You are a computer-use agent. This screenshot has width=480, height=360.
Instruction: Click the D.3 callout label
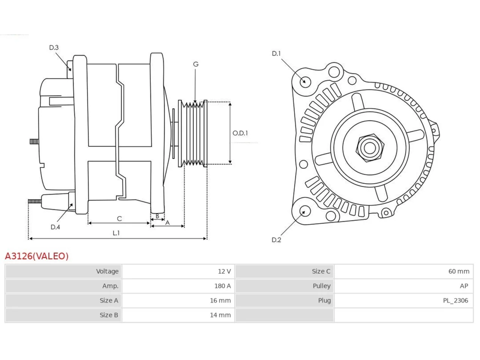tap(54, 47)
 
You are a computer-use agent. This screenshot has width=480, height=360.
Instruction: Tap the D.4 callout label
tap(55, 227)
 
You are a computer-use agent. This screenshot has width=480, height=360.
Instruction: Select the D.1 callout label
tap(276, 54)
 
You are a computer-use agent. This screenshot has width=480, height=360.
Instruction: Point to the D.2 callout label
tap(276, 240)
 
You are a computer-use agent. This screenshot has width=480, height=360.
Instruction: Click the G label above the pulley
tap(196, 64)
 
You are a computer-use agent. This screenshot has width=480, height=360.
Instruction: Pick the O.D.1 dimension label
tap(240, 133)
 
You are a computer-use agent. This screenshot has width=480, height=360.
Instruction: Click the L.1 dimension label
tap(116, 233)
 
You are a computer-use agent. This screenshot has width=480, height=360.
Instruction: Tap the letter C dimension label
tap(119, 219)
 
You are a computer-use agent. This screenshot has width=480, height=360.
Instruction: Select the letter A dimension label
tap(168, 223)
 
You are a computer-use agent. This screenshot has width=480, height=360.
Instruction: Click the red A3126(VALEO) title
tap(37, 256)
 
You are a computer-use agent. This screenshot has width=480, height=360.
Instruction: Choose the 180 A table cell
tap(223, 286)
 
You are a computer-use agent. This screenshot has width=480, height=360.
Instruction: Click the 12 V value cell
tap(224, 271)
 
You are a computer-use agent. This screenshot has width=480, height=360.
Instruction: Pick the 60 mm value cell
tap(459, 271)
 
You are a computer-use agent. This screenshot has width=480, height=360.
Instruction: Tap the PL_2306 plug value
tap(456, 300)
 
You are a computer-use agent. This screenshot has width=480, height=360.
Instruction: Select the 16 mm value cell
tap(220, 300)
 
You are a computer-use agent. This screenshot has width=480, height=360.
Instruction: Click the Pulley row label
tap(322, 286)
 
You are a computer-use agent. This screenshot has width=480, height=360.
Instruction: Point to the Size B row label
tap(109, 315)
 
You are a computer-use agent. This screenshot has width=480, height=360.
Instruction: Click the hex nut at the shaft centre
tap(370, 148)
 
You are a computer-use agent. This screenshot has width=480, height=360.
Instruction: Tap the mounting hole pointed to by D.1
tap(305, 82)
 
